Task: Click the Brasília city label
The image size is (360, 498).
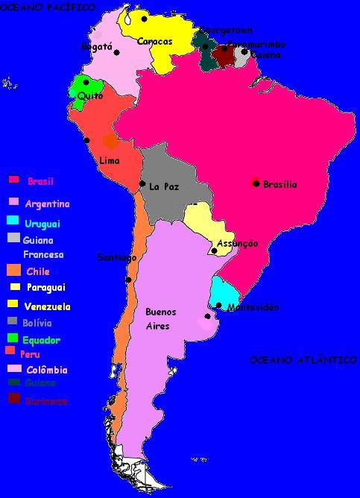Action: click(280, 184)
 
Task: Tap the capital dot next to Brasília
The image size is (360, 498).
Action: click(256, 183)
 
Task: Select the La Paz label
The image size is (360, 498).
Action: click(164, 186)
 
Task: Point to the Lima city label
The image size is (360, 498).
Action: click(109, 160)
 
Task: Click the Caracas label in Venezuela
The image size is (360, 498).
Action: click(154, 42)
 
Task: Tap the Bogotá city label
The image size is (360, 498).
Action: click(96, 47)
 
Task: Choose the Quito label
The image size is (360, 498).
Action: click(90, 96)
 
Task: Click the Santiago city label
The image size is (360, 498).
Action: click(117, 258)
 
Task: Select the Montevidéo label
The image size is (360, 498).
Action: click(253, 307)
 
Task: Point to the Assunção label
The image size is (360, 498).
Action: click(237, 244)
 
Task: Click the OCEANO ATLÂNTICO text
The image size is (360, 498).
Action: click(303, 360)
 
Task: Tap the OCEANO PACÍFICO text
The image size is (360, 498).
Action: click(48, 7)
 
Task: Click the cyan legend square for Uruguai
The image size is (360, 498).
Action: click(13, 220)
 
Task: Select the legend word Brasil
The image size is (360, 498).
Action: click(40, 181)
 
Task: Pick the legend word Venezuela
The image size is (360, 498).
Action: click(47, 306)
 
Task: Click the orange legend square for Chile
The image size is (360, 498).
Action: click(13, 271)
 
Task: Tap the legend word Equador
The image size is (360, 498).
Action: click(41, 340)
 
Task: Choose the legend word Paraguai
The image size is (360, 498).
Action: click(45, 287)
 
